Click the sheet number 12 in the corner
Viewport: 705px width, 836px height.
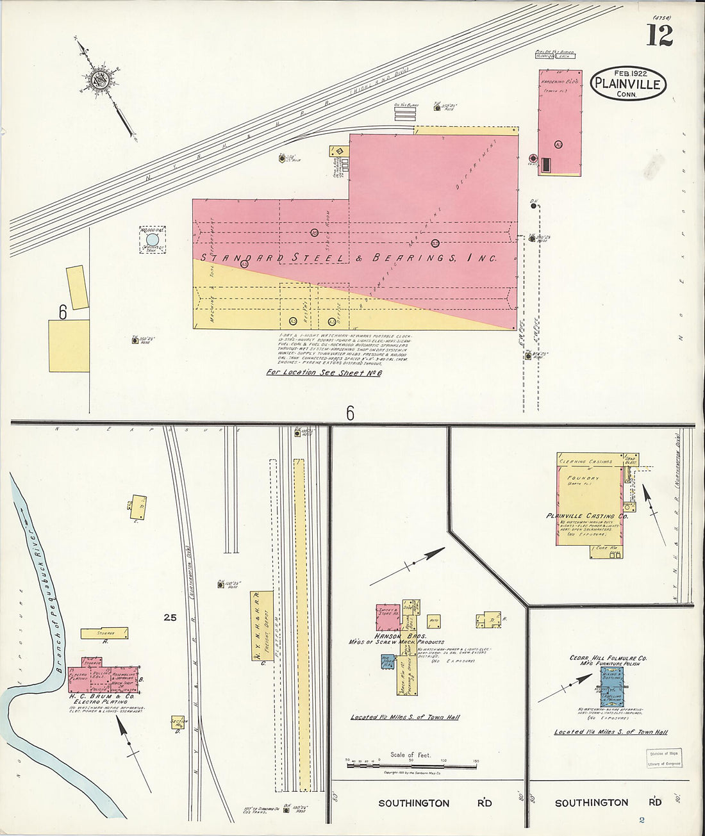click(x=659, y=35)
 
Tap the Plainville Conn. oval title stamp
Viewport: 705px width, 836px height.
click(x=628, y=83)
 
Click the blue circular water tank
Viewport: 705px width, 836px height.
click(x=153, y=240)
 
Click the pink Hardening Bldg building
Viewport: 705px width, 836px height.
click(x=560, y=122)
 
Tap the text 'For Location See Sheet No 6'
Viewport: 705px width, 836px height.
click(x=324, y=372)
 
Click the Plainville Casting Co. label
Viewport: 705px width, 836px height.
click(x=579, y=516)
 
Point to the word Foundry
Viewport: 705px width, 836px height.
click(x=583, y=478)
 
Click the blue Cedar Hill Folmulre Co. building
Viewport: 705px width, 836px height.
click(x=611, y=687)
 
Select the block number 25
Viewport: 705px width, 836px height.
click(x=170, y=618)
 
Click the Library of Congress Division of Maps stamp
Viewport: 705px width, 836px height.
click(x=663, y=758)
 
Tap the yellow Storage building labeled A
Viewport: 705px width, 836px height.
click(x=104, y=632)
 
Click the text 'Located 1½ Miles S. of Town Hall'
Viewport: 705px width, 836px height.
click(x=405, y=717)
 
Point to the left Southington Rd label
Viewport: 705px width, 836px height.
click(x=413, y=803)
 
